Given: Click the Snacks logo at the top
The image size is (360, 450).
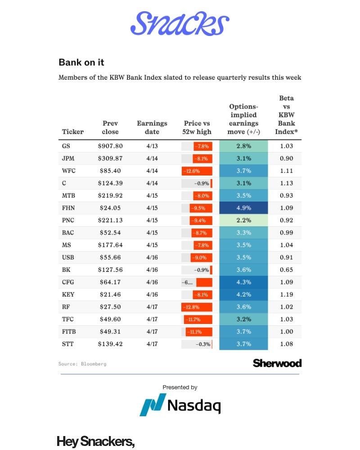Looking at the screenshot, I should [x=180, y=23].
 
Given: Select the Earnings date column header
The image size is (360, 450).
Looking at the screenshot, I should [x=152, y=127].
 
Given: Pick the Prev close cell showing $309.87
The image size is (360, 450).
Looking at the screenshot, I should [x=110, y=158].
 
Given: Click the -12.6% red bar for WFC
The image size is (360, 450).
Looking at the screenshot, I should [x=197, y=171].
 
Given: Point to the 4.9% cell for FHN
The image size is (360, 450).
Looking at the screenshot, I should [x=243, y=208].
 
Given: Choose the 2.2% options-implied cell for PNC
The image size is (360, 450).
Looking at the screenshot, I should [x=243, y=220].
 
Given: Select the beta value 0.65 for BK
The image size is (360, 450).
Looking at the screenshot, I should [x=286, y=270].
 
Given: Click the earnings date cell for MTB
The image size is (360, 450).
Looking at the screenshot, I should [x=152, y=196].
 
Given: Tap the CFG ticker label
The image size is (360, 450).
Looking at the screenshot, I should [x=67, y=282].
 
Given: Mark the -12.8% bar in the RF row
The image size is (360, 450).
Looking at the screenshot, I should [x=197, y=307].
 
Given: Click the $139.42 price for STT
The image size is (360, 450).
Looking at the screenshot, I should [x=110, y=344].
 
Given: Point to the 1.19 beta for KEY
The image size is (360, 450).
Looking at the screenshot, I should [x=286, y=295].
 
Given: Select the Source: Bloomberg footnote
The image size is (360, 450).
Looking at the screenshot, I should [x=82, y=364].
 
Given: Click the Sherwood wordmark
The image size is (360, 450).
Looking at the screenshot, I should [x=277, y=363].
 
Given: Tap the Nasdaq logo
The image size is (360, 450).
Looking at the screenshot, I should [x=180, y=405].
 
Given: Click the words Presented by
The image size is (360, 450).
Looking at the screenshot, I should [x=180, y=387].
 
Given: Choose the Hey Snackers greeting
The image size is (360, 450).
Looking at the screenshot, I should [x=96, y=441].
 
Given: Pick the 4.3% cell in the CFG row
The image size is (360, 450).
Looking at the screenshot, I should [x=243, y=282].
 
